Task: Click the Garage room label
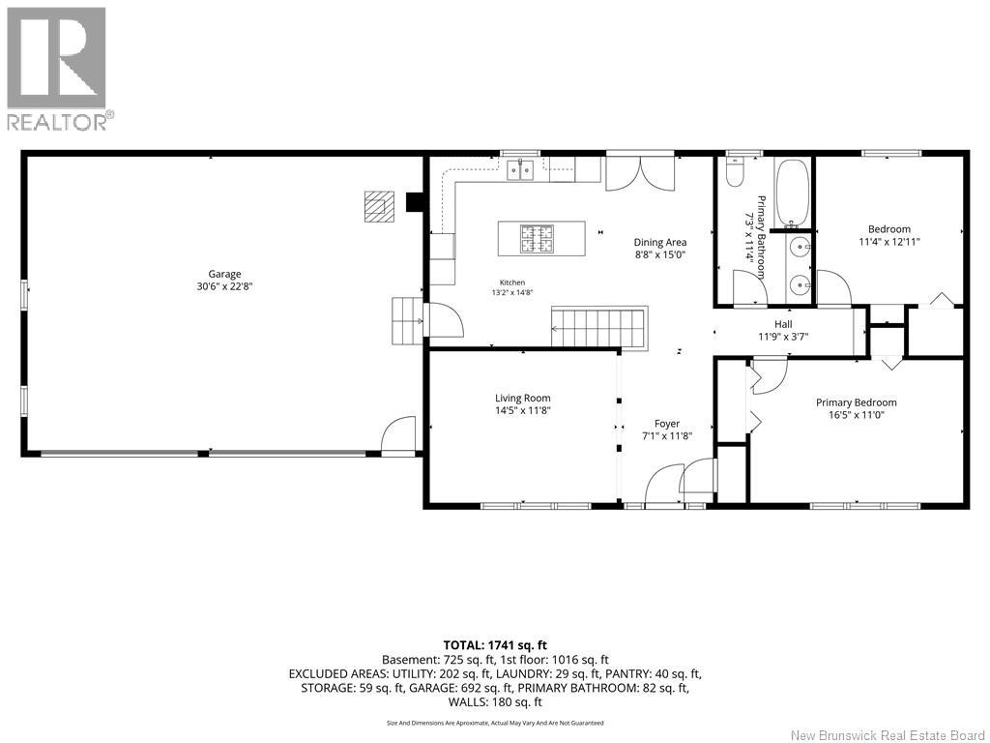tap(224, 274)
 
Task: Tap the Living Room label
tap(523, 398)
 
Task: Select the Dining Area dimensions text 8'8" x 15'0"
tap(660, 254)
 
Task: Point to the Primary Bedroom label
tap(857, 402)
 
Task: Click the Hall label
tap(783, 324)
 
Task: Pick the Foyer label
tap(667, 424)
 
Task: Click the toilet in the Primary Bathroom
tap(735, 172)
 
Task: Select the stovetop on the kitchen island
tap(537, 238)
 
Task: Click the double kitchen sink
tap(521, 170)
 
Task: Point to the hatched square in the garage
tap(379, 206)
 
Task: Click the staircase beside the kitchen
tap(599, 327)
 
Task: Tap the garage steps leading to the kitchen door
tap(407, 320)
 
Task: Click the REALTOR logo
tap(59, 69)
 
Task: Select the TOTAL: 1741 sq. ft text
tap(495, 645)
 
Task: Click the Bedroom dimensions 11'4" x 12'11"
tap(889, 241)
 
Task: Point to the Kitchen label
tap(512, 282)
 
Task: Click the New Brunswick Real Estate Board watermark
tap(888, 735)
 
